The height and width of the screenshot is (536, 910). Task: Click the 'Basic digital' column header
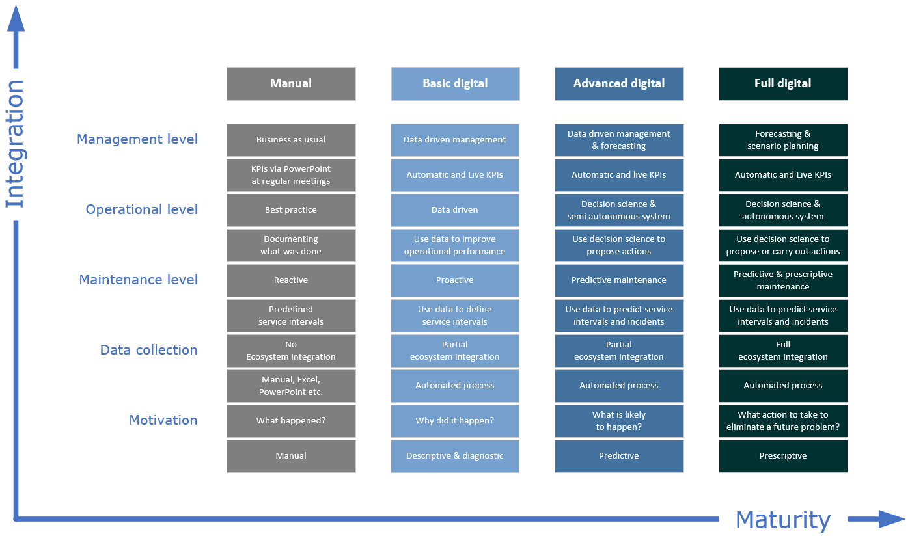point(456,84)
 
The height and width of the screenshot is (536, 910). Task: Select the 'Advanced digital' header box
point(619,84)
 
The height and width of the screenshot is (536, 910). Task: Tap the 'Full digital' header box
point(783,84)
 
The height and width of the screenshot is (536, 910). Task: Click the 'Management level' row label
point(137,139)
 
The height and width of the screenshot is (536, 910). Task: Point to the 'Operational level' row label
point(142,209)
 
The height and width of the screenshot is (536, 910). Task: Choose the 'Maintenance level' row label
point(139,280)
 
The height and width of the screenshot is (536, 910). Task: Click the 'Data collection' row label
point(148,350)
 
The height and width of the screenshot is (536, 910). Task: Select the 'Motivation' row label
point(163,420)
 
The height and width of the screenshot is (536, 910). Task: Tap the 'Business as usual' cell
point(291,140)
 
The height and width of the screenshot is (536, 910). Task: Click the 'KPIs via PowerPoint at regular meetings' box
point(291,175)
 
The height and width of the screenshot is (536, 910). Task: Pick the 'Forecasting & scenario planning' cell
point(783,140)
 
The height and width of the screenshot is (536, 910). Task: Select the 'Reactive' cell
point(291,280)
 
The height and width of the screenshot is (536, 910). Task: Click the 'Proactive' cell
point(455,280)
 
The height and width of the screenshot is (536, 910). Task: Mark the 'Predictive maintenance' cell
point(619,280)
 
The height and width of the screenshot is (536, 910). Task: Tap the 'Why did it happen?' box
point(455,421)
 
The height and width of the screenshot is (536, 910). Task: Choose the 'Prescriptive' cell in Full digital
point(783,456)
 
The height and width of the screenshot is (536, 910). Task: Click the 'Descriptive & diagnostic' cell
point(455,456)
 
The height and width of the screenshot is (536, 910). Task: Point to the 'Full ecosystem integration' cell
point(783,351)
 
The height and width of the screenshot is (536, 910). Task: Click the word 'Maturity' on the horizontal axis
point(783,520)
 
